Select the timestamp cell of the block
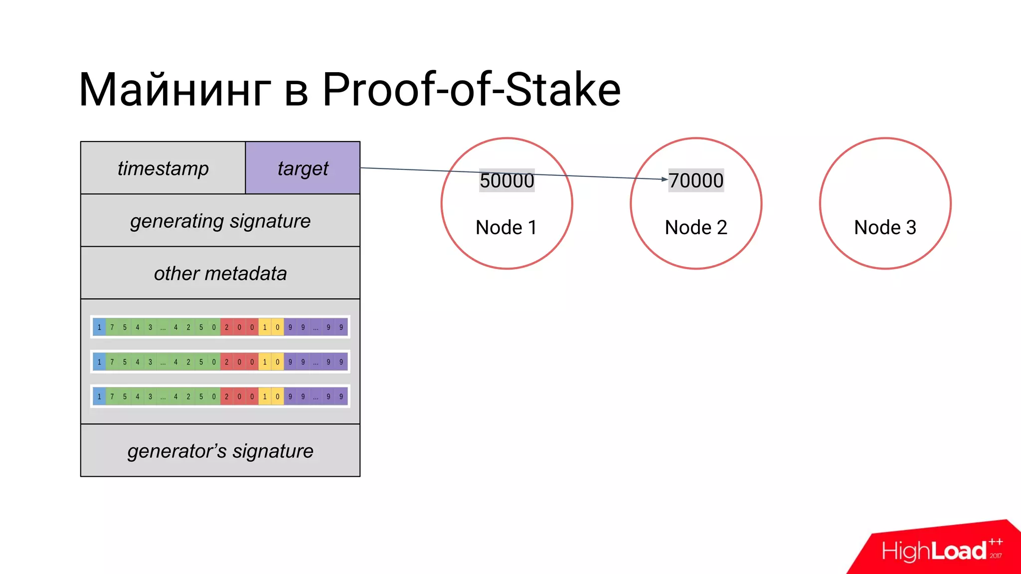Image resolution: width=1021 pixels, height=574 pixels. (x=163, y=168)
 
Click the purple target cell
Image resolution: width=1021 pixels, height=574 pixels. (x=303, y=168)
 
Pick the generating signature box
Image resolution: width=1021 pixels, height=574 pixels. (x=220, y=221)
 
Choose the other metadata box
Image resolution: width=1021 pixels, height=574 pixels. (x=220, y=273)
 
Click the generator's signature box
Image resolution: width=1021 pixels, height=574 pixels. (x=220, y=451)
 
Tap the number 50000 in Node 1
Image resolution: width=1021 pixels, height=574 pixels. (x=507, y=180)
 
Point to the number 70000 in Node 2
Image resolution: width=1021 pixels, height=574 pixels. (x=696, y=180)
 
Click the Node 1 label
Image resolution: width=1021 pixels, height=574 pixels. (x=506, y=227)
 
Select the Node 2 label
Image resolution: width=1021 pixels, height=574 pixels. (x=696, y=227)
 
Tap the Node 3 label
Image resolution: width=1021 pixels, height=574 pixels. (x=885, y=227)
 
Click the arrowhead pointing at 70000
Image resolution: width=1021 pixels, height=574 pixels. (x=665, y=179)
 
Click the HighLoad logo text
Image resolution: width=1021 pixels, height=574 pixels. (x=934, y=551)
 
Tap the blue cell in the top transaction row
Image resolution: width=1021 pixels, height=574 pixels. (x=99, y=327)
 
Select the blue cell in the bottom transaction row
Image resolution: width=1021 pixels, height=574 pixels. (x=99, y=397)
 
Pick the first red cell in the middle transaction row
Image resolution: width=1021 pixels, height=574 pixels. (x=226, y=362)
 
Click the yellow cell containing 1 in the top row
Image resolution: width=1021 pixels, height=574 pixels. (x=265, y=327)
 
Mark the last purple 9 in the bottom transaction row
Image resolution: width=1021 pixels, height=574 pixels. (x=341, y=397)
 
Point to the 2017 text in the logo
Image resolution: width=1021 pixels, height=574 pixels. (x=996, y=556)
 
